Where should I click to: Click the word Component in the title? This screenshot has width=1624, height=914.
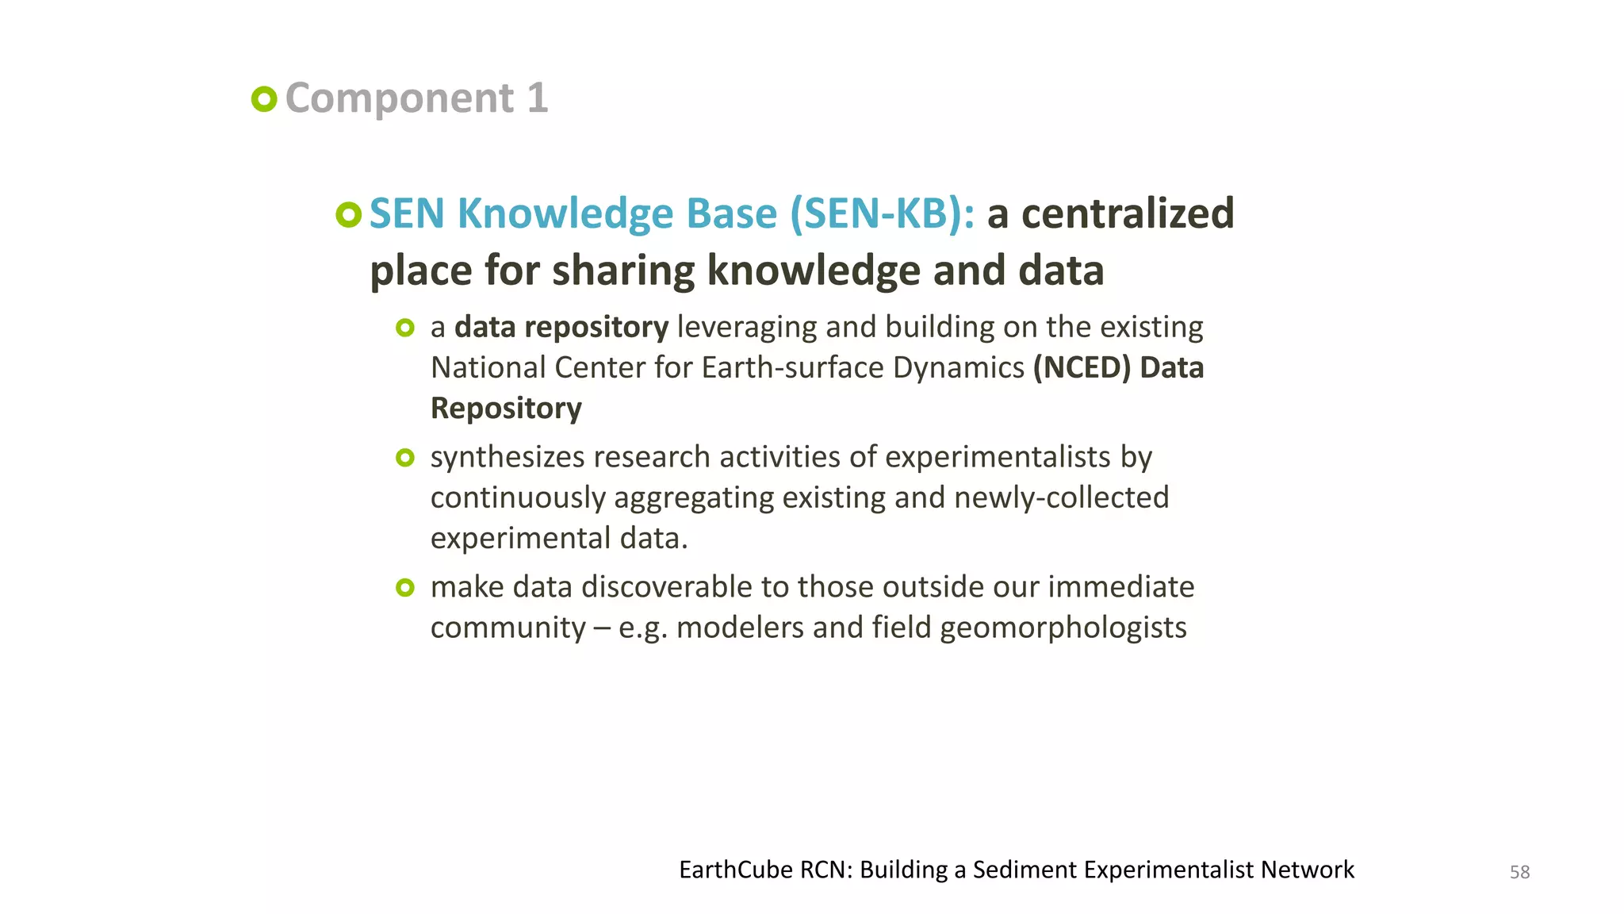click(x=400, y=99)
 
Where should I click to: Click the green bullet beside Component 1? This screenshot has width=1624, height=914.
click(x=264, y=99)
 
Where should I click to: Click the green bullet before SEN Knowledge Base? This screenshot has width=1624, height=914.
click(x=348, y=214)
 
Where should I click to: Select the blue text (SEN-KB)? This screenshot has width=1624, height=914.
click(x=883, y=214)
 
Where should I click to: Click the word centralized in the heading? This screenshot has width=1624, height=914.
click(x=1128, y=214)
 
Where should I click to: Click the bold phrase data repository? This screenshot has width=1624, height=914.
click(x=561, y=328)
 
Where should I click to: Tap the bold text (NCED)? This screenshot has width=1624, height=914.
click(x=1082, y=368)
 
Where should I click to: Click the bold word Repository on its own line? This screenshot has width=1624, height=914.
click(x=506, y=409)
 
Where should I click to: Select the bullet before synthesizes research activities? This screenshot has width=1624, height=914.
click(x=405, y=458)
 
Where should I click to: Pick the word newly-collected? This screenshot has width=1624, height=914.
click(x=1061, y=498)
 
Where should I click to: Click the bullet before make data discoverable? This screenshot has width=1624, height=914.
click(x=405, y=588)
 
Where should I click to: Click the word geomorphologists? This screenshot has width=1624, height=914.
click(x=1063, y=628)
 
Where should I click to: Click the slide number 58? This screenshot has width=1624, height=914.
click(x=1519, y=873)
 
